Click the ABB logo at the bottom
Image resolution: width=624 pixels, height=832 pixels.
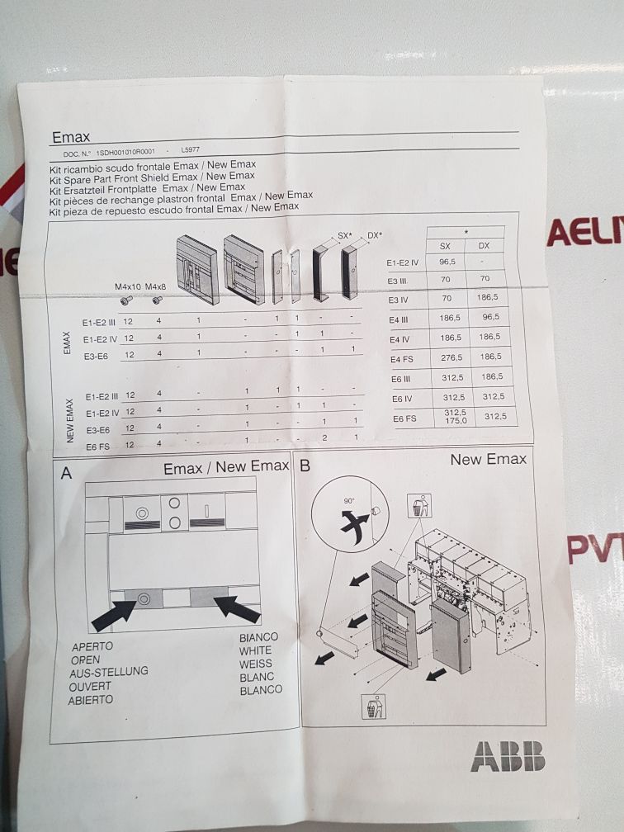508,755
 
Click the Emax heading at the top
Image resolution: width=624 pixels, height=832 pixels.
71,137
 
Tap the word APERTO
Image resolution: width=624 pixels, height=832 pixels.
92,646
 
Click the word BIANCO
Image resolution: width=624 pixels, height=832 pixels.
258,637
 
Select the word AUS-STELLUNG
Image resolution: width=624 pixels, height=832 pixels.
109,672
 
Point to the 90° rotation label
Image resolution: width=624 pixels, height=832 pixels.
348,500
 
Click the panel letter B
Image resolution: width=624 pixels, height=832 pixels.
305,466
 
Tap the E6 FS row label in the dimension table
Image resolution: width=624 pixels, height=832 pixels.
404,418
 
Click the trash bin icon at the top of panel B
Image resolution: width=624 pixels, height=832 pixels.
420,506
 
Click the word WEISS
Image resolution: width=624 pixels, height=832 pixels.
256,664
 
